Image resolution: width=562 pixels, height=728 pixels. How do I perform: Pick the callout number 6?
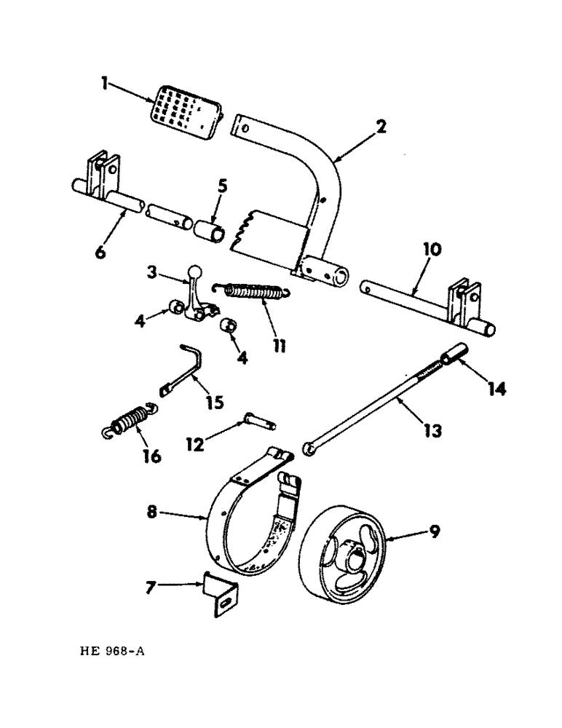pyautogui.click(x=100, y=253)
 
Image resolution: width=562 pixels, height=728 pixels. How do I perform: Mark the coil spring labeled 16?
pyautogui.click(x=131, y=422)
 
